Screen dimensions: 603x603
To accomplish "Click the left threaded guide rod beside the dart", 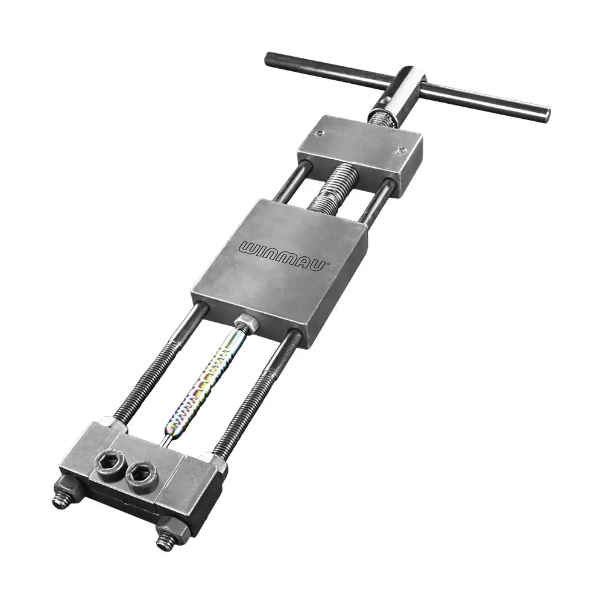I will [158, 367].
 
